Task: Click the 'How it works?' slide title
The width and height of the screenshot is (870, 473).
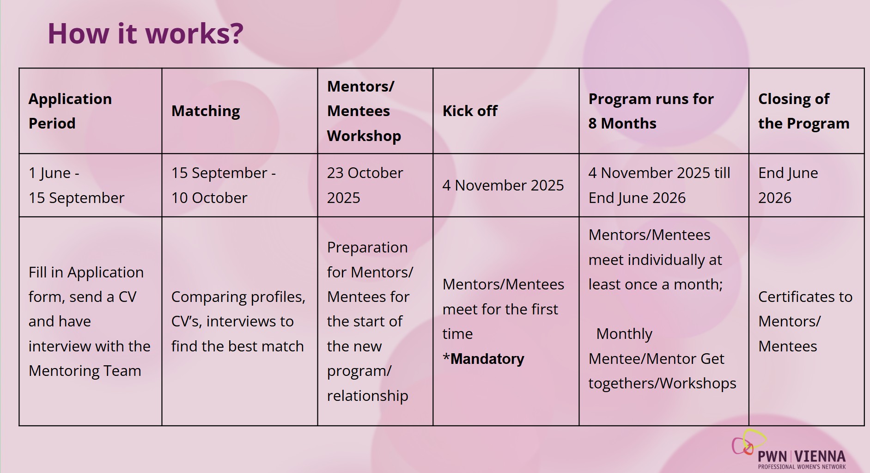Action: tap(145, 33)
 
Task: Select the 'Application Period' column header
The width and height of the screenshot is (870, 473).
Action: tap(70, 111)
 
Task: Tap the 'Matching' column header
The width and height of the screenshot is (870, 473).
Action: tap(206, 111)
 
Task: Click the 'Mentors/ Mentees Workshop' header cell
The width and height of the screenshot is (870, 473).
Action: tap(364, 111)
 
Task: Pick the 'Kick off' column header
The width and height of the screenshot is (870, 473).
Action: tap(470, 111)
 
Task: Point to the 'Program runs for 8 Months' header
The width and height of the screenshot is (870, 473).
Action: tap(651, 111)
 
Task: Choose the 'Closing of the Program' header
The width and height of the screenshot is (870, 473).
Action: tap(804, 111)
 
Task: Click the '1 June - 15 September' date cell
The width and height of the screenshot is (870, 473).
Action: tap(76, 185)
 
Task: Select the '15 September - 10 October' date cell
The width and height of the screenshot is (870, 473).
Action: tap(224, 185)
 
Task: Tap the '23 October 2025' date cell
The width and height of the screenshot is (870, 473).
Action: tap(365, 185)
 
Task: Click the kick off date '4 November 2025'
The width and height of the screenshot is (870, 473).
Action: tap(503, 185)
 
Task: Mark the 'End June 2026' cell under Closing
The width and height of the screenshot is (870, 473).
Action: tap(788, 185)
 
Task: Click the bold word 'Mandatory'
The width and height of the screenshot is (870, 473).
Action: tap(487, 359)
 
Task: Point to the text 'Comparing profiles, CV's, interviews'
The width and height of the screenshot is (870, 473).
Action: tap(238, 309)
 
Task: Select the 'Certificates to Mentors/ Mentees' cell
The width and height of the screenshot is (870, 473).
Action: tap(805, 321)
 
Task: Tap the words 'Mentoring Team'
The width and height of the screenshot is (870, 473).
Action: tap(85, 371)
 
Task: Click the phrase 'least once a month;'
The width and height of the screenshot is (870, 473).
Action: tap(656, 284)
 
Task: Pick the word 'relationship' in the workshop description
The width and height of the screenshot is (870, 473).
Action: tap(368, 396)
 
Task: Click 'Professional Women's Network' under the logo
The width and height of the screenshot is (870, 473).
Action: tap(802, 467)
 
